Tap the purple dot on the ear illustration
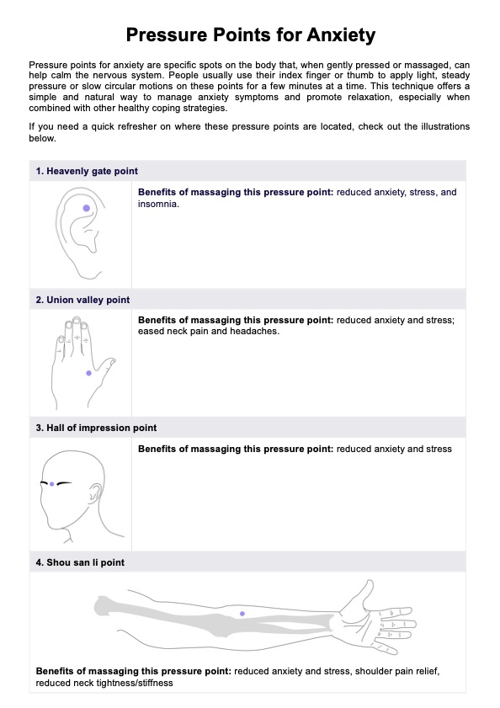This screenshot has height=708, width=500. (86, 208)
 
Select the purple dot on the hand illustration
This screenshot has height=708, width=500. (88, 373)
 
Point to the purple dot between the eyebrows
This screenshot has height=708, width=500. (52, 484)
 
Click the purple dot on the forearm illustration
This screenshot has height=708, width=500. (242, 614)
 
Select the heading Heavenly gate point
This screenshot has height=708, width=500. (87, 171)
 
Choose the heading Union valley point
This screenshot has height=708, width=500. (82, 300)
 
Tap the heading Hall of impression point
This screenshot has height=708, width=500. (96, 428)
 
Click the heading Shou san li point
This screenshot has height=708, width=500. (80, 562)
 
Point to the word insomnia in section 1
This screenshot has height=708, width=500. (157, 204)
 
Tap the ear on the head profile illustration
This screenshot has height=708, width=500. (95, 493)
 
